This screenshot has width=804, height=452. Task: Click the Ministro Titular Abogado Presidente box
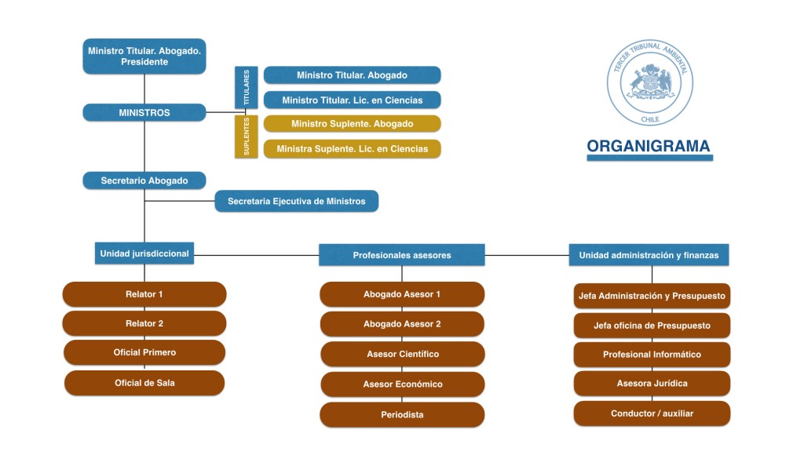[144, 56]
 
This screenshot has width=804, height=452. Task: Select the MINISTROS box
[144, 113]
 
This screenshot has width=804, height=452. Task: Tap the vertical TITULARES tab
[247, 87]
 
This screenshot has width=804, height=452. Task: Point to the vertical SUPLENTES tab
[247, 137]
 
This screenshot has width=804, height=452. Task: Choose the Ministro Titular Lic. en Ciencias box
[352, 100]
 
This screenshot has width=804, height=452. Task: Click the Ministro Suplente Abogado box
[352, 124]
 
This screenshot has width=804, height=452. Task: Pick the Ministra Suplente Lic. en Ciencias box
[352, 149]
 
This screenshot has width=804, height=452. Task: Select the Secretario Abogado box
[144, 180]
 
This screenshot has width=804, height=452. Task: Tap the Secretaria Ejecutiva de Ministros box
[296, 202]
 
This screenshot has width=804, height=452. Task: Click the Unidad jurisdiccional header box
[144, 253]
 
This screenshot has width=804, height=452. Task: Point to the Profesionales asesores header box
[402, 255]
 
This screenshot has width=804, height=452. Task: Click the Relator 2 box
[144, 323]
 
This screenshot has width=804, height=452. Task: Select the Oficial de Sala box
[144, 383]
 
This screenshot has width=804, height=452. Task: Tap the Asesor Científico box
[402, 354]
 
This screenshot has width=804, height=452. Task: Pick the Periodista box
[402, 414]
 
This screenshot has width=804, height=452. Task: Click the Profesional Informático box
[652, 355]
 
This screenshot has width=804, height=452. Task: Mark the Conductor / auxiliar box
[652, 414]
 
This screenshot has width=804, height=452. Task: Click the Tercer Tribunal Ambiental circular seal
[650, 84]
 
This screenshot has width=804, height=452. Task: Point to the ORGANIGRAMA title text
[649, 146]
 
